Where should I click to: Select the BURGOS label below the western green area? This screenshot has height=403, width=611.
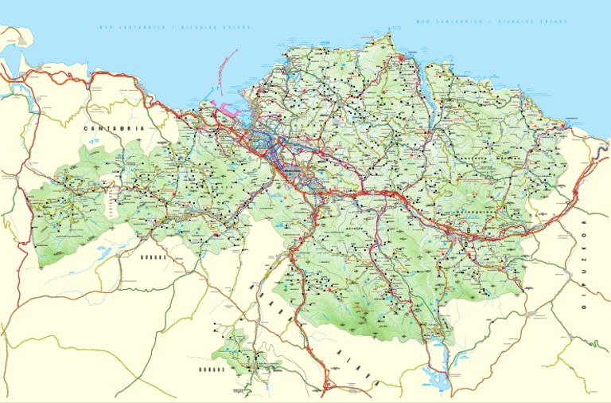click(x=152, y=258)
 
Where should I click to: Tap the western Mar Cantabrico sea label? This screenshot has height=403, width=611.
click(x=174, y=27)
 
